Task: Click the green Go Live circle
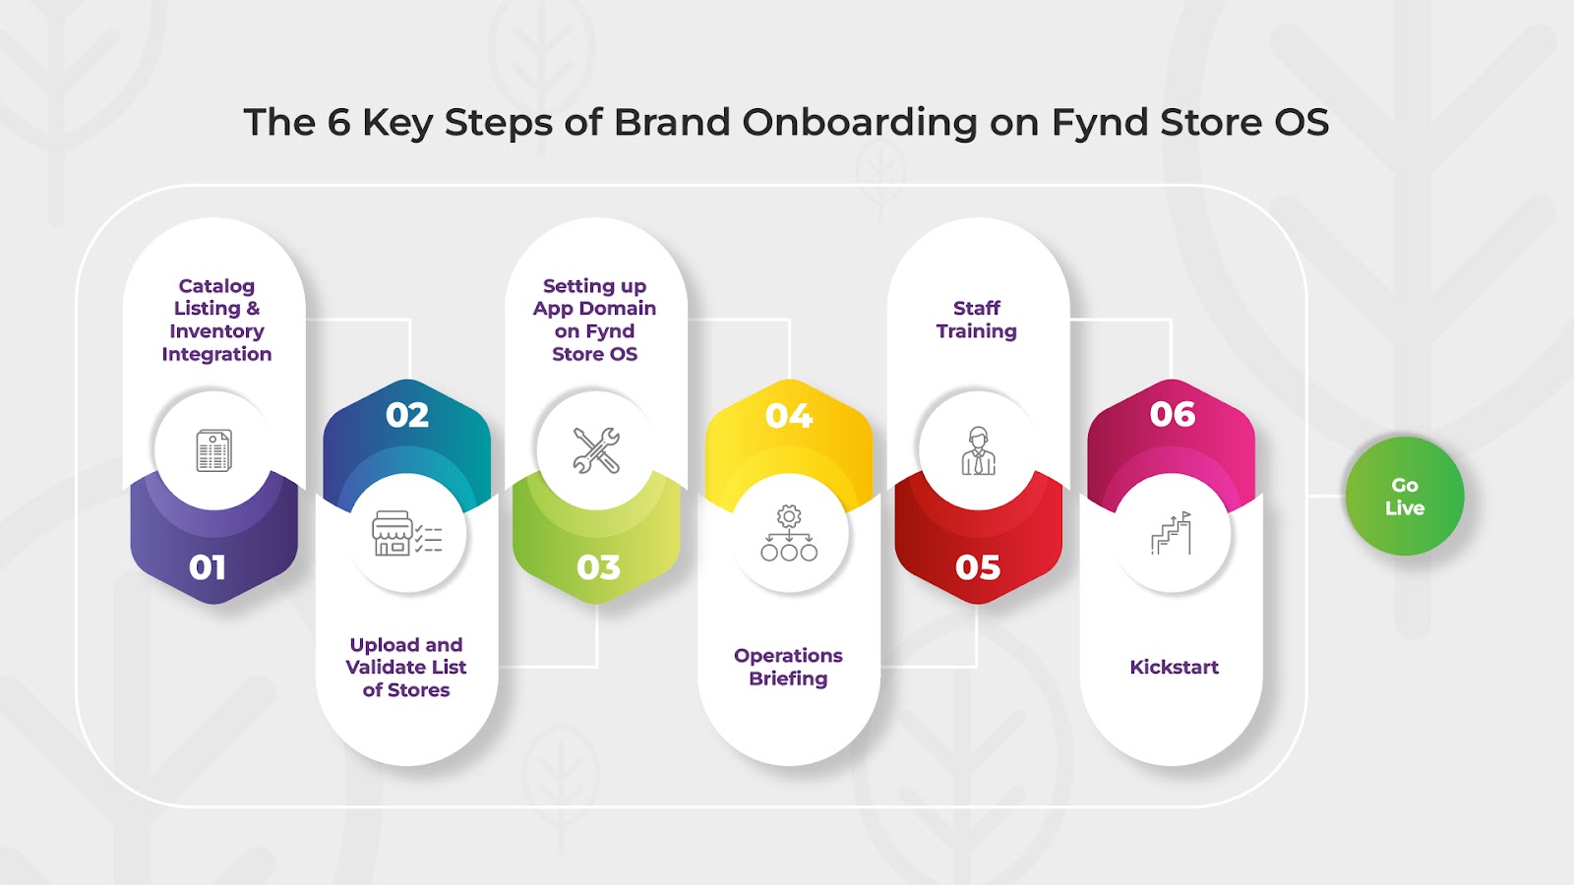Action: pos(1405,496)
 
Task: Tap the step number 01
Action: pos(208,567)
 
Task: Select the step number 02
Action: pos(407,415)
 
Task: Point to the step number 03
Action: pos(598,567)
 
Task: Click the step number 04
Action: pos(789,416)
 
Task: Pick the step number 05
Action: pos(978,567)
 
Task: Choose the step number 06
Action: pos(1172,414)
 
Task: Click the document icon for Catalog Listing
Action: pos(213,450)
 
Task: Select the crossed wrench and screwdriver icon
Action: pos(596,450)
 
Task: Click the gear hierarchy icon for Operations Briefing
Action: pos(789,533)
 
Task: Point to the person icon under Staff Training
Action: pos(978,451)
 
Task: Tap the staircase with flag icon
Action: pos(1171,533)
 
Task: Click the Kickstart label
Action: pos(1174,668)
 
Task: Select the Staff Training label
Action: pos(977,320)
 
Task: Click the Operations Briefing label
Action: pos(788,668)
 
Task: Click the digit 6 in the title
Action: pos(338,122)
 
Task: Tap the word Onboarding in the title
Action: pos(860,123)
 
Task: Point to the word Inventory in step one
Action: pos(216,331)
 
